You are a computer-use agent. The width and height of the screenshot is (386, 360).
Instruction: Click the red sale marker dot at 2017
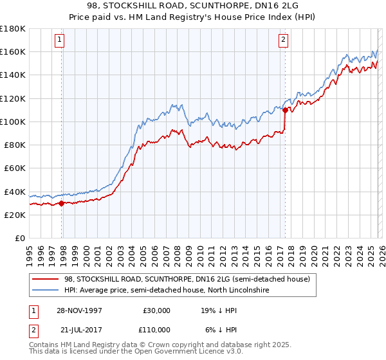tap(284, 110)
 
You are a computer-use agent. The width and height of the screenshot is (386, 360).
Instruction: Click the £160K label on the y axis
tap(13, 51)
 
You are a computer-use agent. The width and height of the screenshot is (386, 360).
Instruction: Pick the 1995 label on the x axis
tap(29, 251)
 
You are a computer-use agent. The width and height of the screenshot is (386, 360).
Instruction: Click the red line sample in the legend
tap(46, 279)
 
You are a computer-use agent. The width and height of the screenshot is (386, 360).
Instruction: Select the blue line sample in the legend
tap(46, 291)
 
